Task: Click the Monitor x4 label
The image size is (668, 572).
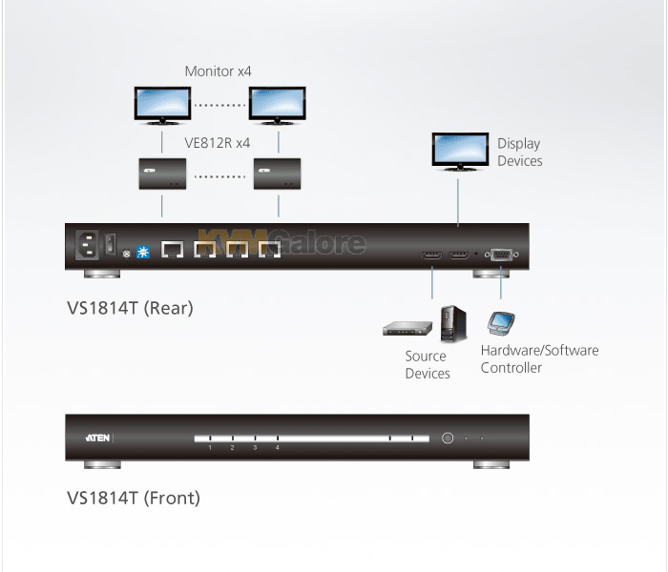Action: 219,71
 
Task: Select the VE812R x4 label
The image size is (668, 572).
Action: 218,143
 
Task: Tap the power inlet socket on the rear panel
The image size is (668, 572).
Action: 87,245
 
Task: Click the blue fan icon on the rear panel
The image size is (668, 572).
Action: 143,253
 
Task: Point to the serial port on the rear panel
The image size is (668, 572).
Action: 501,255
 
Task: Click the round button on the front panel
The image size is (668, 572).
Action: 448,438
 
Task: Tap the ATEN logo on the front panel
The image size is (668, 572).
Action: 97,438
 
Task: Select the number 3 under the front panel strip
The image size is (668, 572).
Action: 255,448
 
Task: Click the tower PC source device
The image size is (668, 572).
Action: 453,324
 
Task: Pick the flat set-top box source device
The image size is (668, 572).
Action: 407,329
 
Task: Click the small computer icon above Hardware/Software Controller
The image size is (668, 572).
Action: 501,323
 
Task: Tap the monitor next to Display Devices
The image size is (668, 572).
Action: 460,152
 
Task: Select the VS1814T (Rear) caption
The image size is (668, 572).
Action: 130,308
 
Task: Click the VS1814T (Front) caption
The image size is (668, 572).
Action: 134,498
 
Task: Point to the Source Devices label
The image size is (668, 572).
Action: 428,365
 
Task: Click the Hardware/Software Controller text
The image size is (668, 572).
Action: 539,358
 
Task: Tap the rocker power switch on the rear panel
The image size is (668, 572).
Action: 111,244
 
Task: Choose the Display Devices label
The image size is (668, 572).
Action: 520,153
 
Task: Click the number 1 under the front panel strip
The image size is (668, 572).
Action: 210,448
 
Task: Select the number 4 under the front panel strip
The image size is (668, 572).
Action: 278,448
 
